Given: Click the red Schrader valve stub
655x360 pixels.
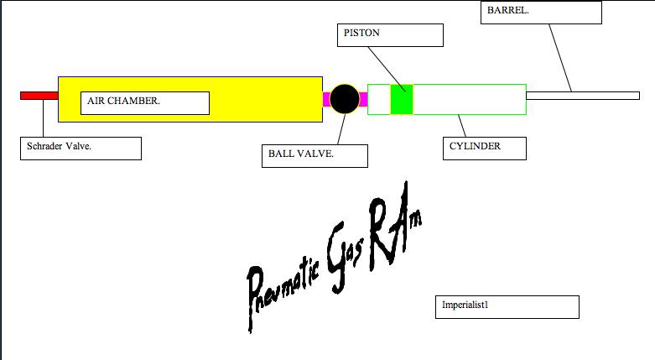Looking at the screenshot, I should coord(39,95).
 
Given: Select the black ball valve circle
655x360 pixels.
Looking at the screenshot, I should coord(344,99).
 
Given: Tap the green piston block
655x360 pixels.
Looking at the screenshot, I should coord(402,99).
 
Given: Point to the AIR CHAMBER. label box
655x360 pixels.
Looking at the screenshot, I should coord(147,103).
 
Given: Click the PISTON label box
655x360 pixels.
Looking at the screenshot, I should coord(390,34).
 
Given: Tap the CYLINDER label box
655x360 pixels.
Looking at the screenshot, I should coord(484,148).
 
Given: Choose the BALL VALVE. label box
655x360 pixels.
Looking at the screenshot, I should coord(315,155).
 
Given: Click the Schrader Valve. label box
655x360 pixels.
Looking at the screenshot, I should coord(81,148).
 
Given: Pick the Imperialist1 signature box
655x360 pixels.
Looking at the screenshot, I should coord(507,306).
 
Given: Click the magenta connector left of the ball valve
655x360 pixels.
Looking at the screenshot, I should coord(326,99).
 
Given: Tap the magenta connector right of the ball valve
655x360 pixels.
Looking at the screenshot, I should coord(363,99).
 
